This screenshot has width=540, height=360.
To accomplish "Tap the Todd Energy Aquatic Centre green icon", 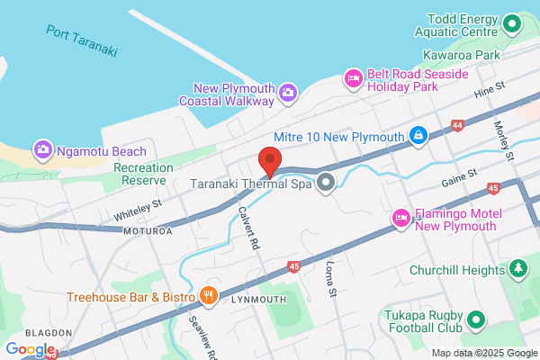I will [512, 23].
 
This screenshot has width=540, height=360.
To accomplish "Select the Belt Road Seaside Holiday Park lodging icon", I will [355, 80].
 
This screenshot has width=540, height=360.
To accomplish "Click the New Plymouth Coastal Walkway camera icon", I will [287, 91].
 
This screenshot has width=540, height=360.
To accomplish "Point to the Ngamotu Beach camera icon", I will [41, 148].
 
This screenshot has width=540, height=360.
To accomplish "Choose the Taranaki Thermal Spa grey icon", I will [327, 183].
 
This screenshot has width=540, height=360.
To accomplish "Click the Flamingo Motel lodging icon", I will [400, 218].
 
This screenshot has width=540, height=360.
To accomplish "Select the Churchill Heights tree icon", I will [517, 268].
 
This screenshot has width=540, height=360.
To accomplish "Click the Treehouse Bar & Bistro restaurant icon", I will [210, 295].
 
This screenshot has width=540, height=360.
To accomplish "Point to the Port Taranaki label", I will [82, 40].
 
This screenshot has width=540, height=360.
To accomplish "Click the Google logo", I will [30, 348].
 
